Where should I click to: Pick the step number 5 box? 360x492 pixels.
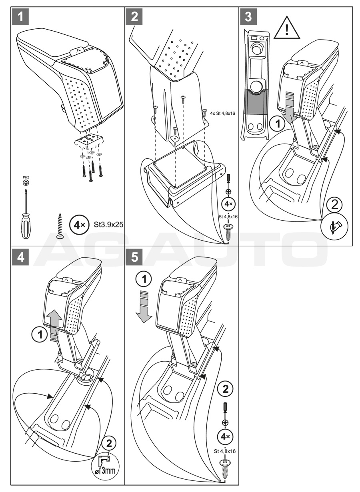[134, 257]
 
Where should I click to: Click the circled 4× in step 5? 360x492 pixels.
[226, 435]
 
